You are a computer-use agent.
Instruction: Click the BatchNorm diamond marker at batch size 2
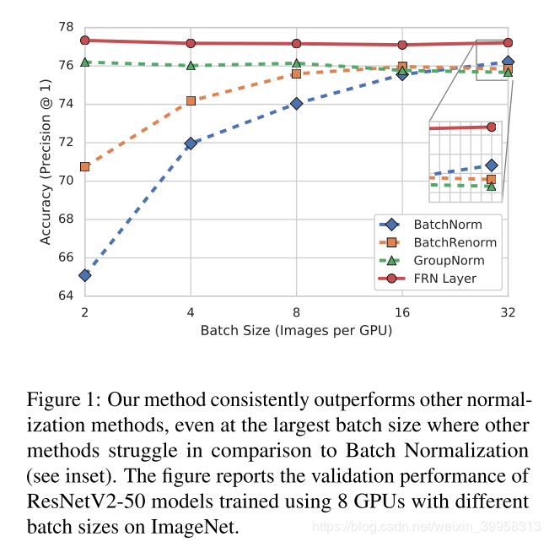click(85, 275)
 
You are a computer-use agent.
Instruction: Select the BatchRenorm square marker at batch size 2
click(85, 166)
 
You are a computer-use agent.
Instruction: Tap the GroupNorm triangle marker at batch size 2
click(85, 62)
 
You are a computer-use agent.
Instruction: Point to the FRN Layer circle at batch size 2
click(85, 41)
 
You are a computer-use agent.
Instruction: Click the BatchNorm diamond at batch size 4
click(191, 144)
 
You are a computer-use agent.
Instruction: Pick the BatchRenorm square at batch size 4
click(191, 100)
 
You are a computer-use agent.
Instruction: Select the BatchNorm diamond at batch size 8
click(297, 104)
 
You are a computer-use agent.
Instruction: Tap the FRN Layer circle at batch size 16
click(402, 45)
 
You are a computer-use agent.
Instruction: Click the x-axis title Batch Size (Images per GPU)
click(296, 330)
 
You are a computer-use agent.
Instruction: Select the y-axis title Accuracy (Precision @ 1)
click(46, 162)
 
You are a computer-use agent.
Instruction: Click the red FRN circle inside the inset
click(491, 127)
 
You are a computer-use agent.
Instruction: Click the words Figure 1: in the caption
click(59, 398)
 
